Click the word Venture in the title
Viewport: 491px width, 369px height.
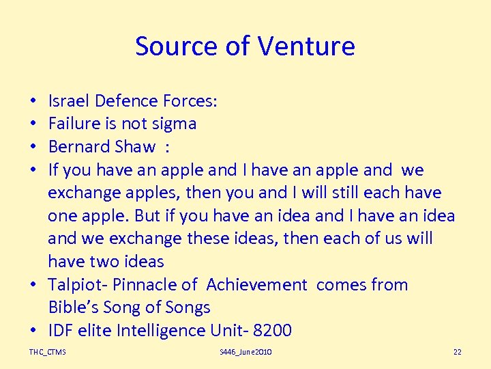[307, 46]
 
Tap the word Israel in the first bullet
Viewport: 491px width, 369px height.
[69, 101]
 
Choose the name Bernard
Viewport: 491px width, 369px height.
[80, 147]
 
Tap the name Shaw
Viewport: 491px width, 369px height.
[135, 147]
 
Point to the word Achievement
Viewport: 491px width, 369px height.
[256, 285]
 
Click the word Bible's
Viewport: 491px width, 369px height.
[72, 307]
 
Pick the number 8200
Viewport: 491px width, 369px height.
[271, 331]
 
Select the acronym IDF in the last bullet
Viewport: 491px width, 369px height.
[61, 331]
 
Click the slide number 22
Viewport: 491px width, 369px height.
[457, 352]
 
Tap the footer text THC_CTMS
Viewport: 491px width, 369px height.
[48, 352]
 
